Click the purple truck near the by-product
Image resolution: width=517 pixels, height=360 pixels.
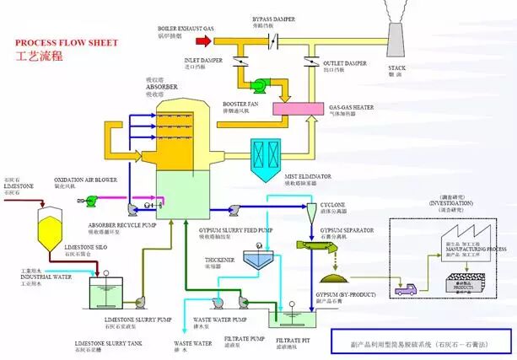tap(406, 288)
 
